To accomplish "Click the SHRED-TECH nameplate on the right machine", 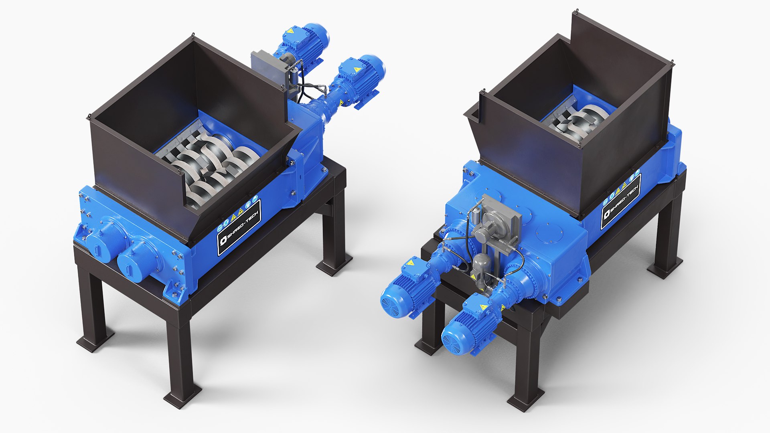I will [621, 202].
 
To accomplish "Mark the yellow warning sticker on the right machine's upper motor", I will [410, 263].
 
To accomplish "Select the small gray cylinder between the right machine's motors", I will [480, 267].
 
